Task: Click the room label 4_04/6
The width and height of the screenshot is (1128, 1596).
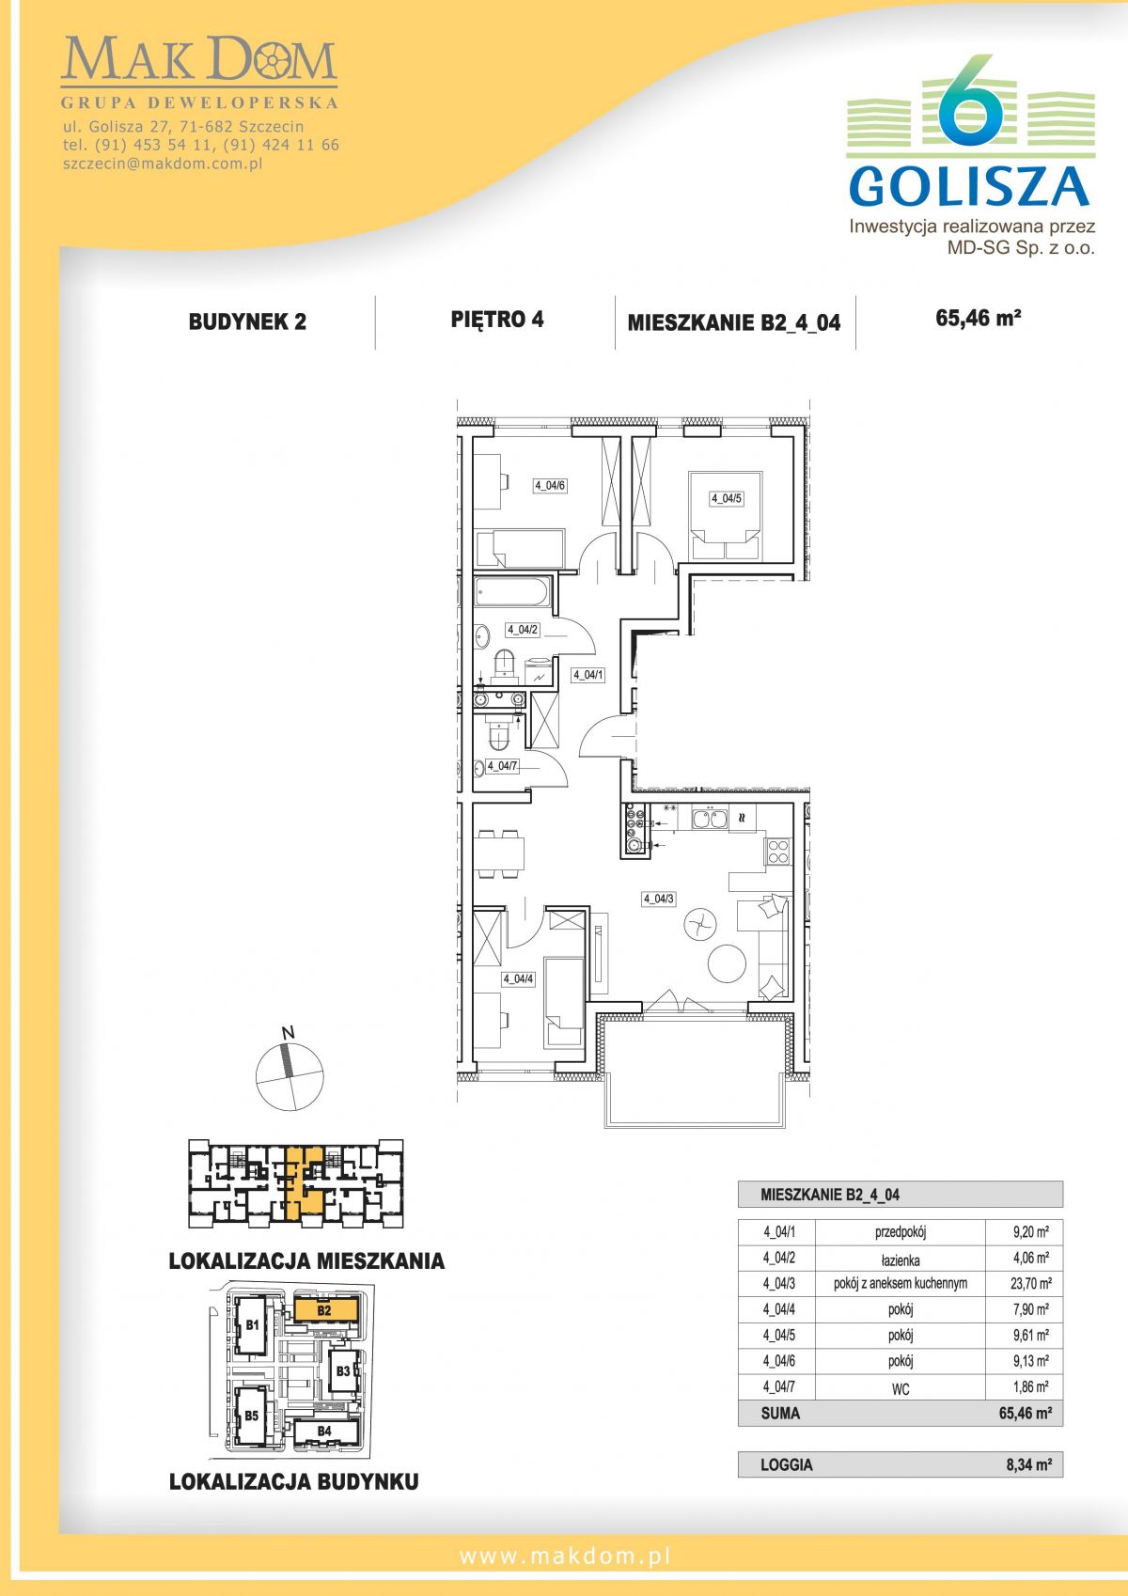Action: click(x=550, y=486)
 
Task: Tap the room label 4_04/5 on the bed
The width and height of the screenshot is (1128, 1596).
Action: click(x=727, y=499)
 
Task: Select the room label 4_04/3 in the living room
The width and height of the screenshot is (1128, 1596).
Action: click(x=658, y=900)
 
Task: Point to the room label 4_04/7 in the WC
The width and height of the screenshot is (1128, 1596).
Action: click(x=502, y=766)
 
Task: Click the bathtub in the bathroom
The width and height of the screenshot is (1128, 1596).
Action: click(x=512, y=593)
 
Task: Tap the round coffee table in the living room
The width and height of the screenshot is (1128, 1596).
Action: click(x=727, y=964)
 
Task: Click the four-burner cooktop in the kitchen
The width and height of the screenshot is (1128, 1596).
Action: click(x=778, y=851)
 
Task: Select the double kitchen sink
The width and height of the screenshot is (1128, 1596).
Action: click(x=710, y=819)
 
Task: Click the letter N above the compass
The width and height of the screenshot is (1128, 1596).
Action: click(x=289, y=1032)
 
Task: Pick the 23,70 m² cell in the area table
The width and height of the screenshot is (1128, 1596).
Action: click(x=1030, y=1283)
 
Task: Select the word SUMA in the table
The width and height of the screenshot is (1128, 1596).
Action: click(x=780, y=1413)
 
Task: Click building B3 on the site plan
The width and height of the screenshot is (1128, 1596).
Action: click(x=343, y=1370)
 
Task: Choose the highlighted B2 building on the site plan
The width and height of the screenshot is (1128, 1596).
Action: click(x=325, y=1310)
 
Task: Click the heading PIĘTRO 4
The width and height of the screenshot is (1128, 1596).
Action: click(x=497, y=320)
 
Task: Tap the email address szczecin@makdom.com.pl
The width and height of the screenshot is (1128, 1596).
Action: click(x=163, y=164)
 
